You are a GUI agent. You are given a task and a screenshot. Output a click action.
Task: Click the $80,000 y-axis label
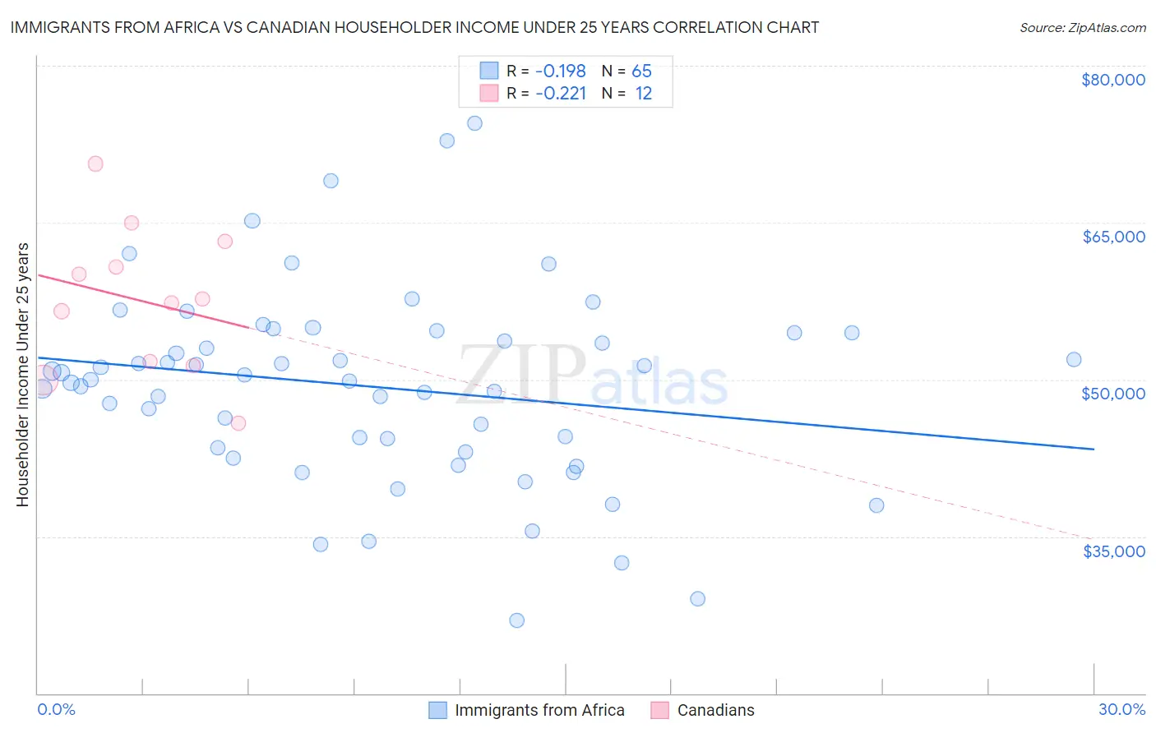1113,80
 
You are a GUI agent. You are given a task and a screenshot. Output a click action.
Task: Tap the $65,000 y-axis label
1113,237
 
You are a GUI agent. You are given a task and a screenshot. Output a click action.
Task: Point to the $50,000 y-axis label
1113,394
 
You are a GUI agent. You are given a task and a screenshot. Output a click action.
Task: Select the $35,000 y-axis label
1113,551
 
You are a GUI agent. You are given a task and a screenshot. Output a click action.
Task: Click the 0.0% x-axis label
56,710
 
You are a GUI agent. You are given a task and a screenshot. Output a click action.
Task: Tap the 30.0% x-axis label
1121,710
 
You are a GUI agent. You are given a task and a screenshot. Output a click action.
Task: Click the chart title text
414,27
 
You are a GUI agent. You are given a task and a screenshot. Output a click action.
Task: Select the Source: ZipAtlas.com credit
1082,28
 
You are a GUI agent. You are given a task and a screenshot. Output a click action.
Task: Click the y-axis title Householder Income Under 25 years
22,374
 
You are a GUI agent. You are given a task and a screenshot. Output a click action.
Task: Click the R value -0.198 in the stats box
561,71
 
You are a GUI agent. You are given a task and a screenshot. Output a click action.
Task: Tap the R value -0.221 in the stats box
561,94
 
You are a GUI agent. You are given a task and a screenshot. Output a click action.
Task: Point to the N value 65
641,71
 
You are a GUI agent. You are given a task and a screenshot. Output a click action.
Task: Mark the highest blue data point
474,123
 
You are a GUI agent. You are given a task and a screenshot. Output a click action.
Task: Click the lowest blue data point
516,620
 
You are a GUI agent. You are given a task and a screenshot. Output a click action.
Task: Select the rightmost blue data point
1073,359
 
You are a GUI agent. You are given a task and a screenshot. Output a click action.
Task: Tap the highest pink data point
95,164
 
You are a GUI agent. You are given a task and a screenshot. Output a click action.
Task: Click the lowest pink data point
238,423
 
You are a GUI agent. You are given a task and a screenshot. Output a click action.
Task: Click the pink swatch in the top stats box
489,94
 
